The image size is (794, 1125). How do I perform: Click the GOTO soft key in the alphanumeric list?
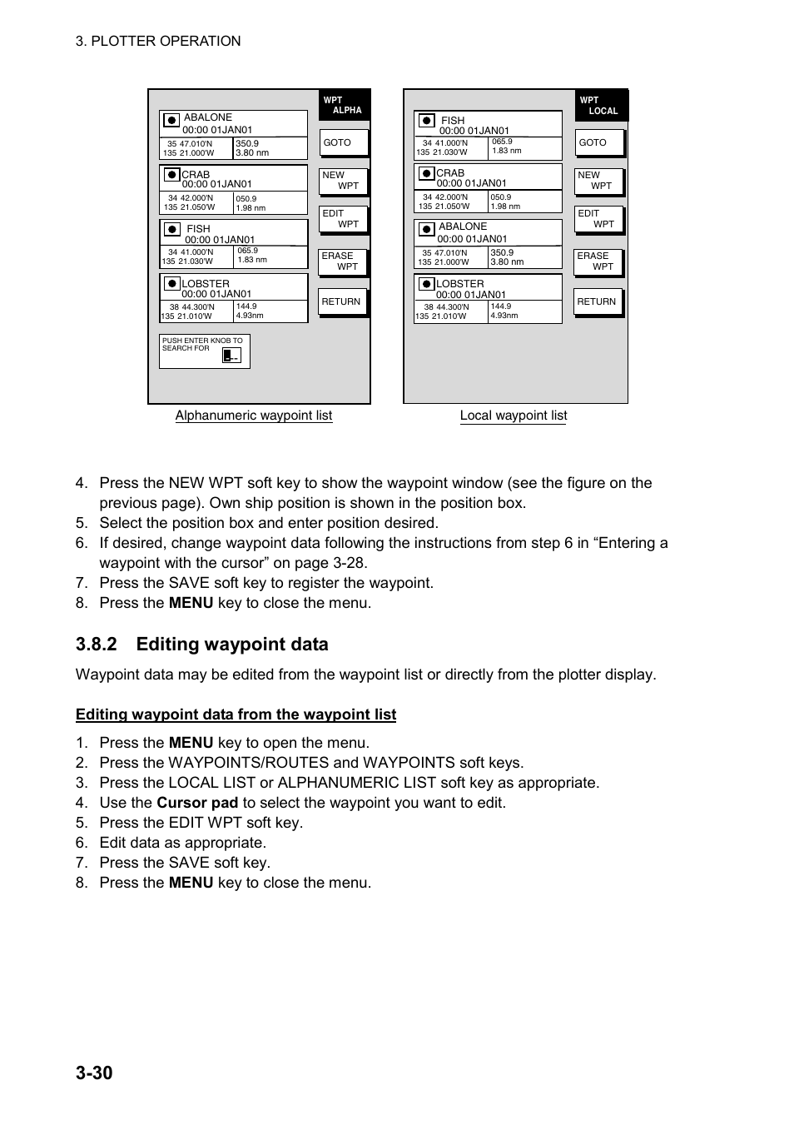343,142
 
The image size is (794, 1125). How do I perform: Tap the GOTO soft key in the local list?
598,142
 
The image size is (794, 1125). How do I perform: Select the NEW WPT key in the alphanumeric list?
342,181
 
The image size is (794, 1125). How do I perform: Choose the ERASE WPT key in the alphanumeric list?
342,261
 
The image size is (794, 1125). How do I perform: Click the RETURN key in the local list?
598,301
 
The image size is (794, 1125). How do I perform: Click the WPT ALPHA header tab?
343,105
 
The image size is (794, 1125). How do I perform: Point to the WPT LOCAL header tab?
600,106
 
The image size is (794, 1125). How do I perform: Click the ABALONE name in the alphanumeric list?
208,117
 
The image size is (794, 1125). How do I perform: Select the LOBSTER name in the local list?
460,284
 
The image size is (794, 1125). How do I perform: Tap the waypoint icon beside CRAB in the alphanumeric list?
171,175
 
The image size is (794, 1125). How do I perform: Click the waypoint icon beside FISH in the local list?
427,121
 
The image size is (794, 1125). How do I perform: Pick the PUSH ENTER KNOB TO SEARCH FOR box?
204,351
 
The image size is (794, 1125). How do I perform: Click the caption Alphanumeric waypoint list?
253,416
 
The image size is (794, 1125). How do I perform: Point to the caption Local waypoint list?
514,416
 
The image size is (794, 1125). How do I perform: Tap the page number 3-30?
94,1073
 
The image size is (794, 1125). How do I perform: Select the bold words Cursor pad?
197,803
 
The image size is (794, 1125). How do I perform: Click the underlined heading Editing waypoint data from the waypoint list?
236,714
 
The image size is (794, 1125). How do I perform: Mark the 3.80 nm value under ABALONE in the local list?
507,261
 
